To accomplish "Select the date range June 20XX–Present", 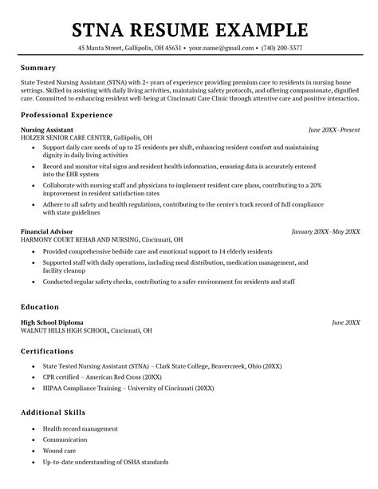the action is (334, 128).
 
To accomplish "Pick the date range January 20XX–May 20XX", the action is (325, 231).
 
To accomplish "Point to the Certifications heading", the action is (48, 351).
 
